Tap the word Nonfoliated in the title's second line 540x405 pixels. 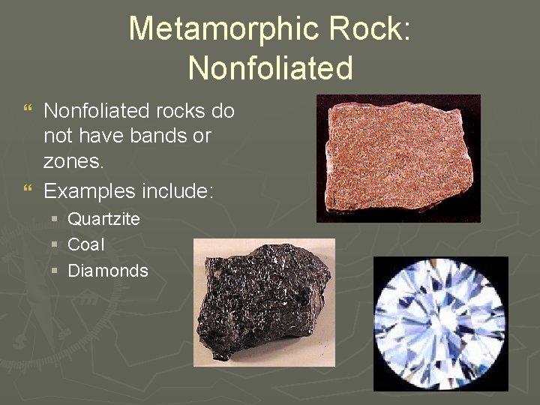(270, 67)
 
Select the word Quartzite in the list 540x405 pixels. (103, 220)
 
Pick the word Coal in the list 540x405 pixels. (85, 244)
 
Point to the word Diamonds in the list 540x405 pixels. (108, 271)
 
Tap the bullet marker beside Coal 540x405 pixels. (56, 245)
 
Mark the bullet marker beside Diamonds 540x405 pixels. (56, 271)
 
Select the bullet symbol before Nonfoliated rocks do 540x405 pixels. (28, 112)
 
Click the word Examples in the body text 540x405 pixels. (89, 191)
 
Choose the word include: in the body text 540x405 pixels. (178, 191)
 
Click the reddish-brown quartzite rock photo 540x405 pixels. (398, 157)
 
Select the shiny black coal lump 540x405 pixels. (264, 302)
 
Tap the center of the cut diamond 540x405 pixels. (440, 324)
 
